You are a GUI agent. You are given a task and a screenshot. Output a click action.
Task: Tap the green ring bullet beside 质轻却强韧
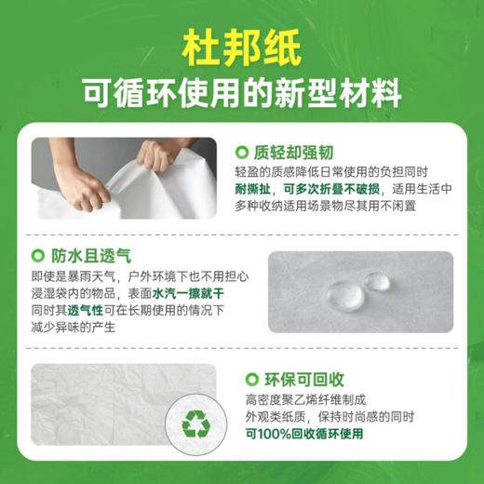242,152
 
